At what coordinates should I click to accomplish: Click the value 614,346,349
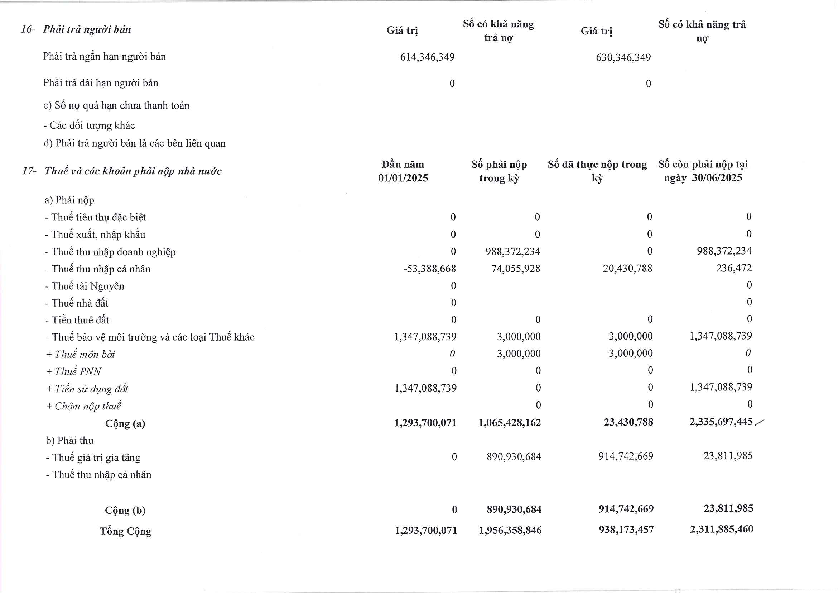427,57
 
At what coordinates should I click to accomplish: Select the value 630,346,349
623,58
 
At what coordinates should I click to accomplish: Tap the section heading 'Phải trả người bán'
87,29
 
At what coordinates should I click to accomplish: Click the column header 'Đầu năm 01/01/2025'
403,171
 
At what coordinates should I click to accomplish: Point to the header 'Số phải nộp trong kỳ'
499,171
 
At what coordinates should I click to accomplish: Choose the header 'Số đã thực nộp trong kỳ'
597,171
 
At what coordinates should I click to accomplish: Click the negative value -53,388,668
430,269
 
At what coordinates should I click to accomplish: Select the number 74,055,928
515,269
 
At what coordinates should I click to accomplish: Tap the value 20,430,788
627,269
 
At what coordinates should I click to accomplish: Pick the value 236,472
734,268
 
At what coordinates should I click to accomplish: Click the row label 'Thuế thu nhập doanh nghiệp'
113,252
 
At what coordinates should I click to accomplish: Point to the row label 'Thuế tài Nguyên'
88,286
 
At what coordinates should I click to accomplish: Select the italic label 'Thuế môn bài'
84,355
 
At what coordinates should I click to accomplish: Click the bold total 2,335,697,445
721,422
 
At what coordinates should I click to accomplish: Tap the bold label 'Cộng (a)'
125,423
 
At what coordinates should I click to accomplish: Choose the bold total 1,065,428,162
510,423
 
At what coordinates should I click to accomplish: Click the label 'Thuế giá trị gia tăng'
96,458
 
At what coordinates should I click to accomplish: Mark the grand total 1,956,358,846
510,530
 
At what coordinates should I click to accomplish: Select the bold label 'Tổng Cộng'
125,531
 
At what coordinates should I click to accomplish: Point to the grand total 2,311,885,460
721,529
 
